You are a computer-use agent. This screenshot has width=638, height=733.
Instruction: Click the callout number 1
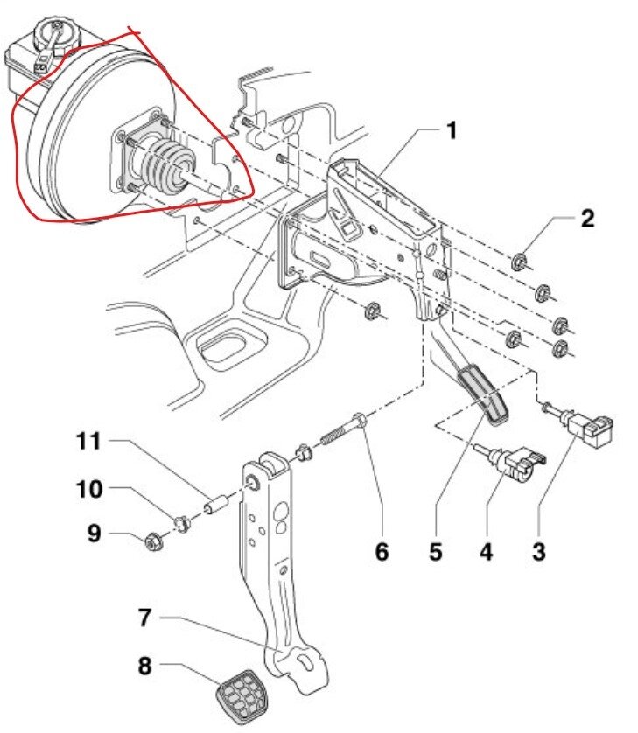[x=451, y=131]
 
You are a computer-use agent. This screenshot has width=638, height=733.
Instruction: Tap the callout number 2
[x=587, y=218]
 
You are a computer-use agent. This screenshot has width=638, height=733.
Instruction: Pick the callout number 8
[x=145, y=667]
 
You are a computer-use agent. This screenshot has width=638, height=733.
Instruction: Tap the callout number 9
[x=94, y=533]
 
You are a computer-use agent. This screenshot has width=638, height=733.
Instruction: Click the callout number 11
[x=88, y=442]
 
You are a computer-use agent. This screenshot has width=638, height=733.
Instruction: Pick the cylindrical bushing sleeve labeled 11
[x=216, y=506]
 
